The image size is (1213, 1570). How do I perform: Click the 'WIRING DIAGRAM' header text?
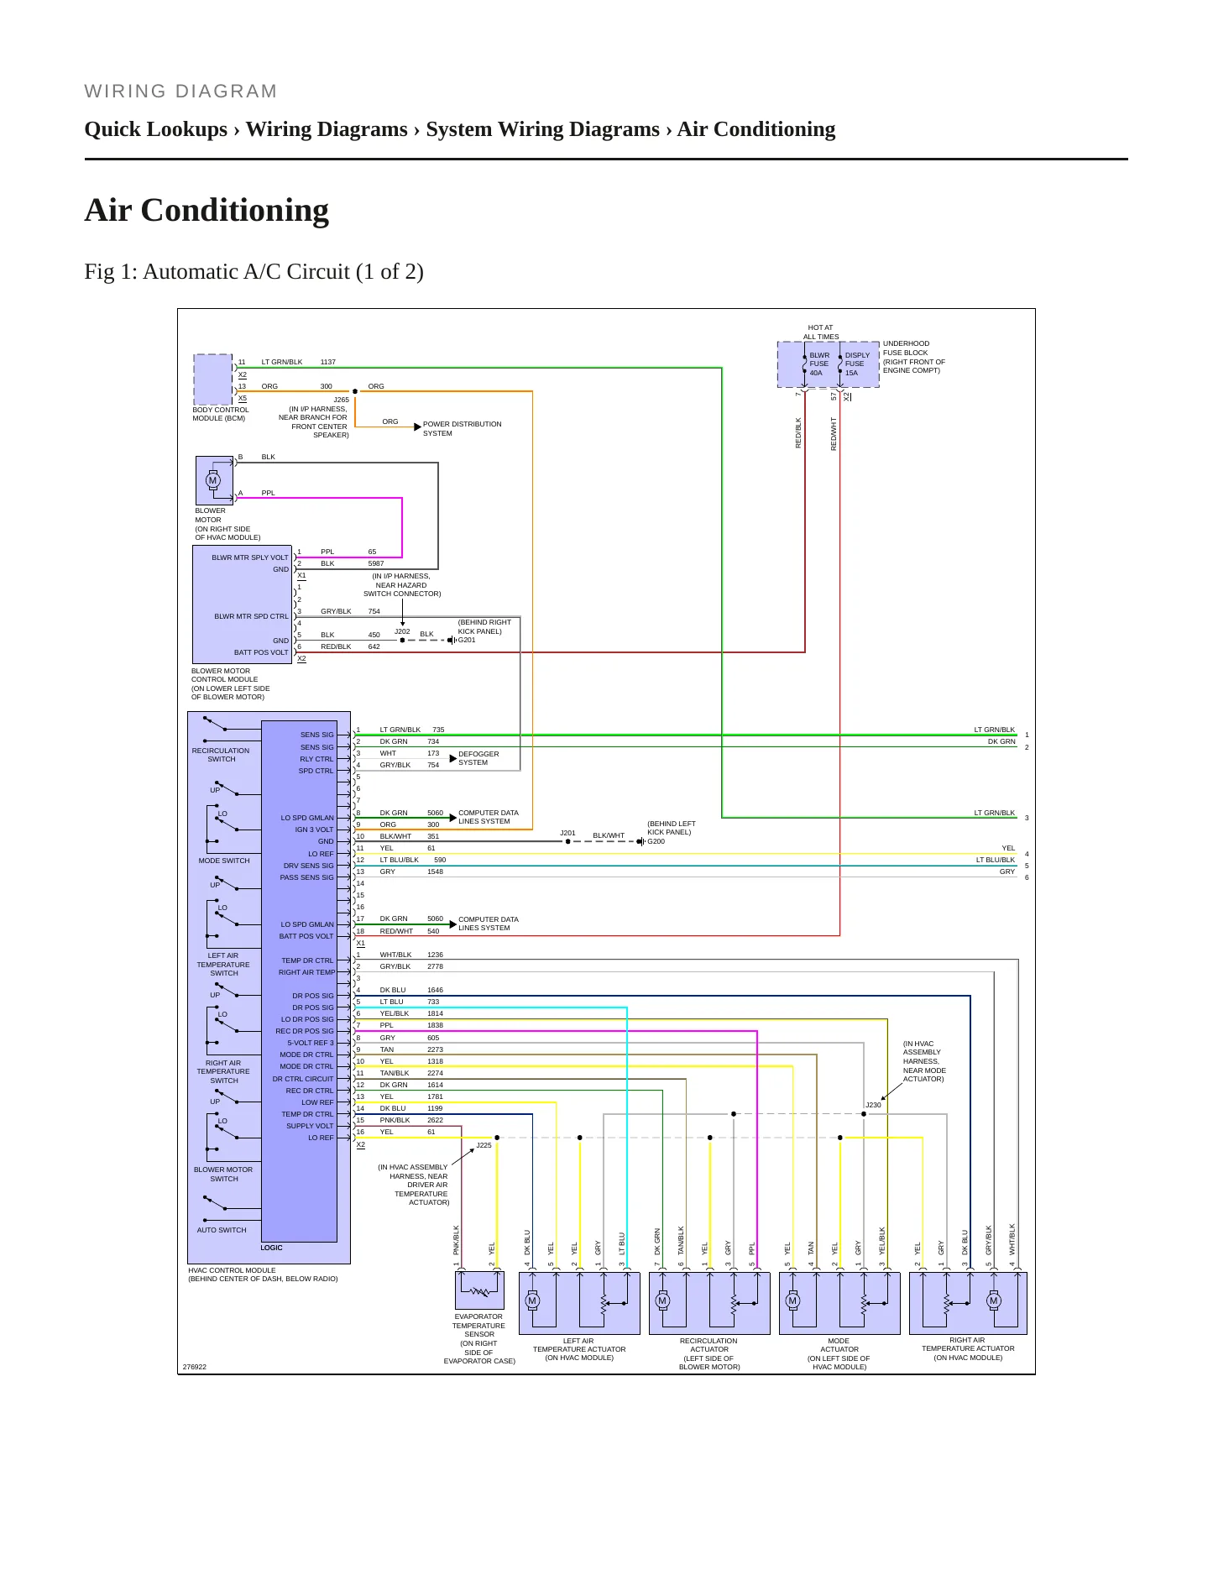(180, 92)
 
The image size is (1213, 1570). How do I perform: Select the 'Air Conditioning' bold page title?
(207, 210)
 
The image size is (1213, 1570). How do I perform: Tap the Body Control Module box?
(213, 379)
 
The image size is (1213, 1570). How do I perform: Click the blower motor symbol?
(213, 480)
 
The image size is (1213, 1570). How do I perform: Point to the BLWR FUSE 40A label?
(818, 364)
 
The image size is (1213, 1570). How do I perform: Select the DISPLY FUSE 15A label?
(857, 364)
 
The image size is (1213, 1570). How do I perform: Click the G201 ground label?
(467, 640)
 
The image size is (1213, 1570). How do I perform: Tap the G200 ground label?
(656, 841)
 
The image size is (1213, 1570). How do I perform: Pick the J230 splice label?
(873, 1105)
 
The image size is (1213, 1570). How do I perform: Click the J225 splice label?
(484, 1145)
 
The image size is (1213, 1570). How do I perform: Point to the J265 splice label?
(341, 400)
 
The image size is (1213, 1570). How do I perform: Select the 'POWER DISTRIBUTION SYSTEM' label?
(463, 429)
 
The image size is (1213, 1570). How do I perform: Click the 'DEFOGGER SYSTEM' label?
(478, 758)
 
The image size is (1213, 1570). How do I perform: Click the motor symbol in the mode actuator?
(792, 1300)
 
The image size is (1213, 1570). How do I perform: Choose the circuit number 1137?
(328, 363)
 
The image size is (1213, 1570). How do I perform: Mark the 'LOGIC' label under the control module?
(271, 1248)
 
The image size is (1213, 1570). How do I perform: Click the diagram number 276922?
(195, 1367)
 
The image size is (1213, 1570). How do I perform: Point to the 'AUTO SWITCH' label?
(222, 1230)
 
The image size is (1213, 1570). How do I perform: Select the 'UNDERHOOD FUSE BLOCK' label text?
(906, 348)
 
